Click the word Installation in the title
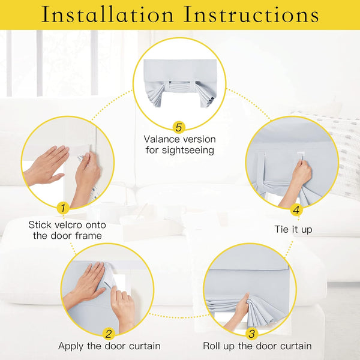[107, 15]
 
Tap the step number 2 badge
[109, 334]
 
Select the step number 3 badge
[251, 334]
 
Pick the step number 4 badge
[296, 210]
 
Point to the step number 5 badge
[179, 127]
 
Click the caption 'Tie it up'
[293, 230]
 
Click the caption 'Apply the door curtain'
[109, 346]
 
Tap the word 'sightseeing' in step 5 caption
[187, 151]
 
